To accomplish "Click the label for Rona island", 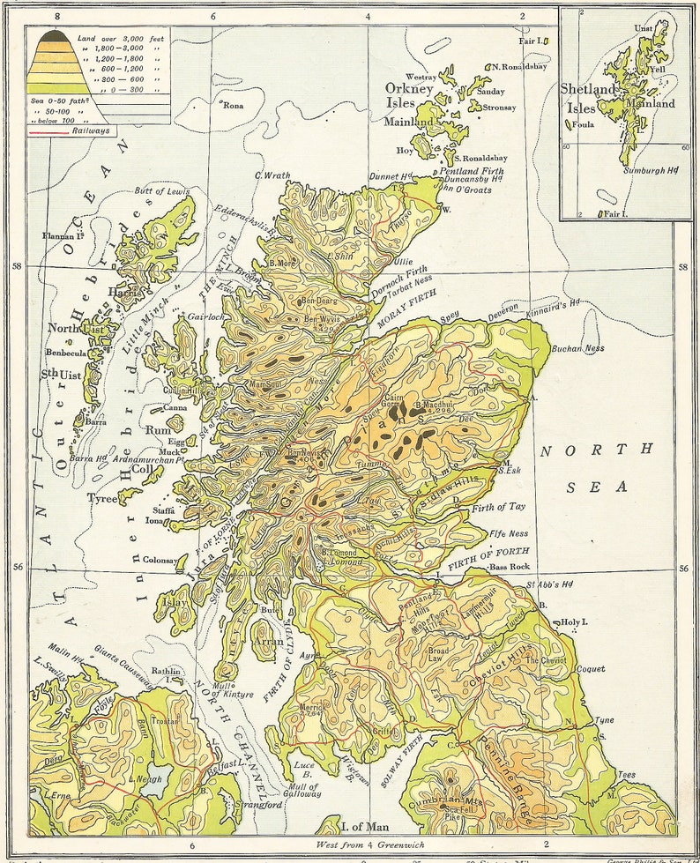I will [x=233, y=105].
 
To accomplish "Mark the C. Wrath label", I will [x=272, y=175].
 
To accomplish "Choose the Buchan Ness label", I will [x=577, y=348].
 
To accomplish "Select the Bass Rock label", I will [x=510, y=566].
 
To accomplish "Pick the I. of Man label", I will [x=365, y=826].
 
